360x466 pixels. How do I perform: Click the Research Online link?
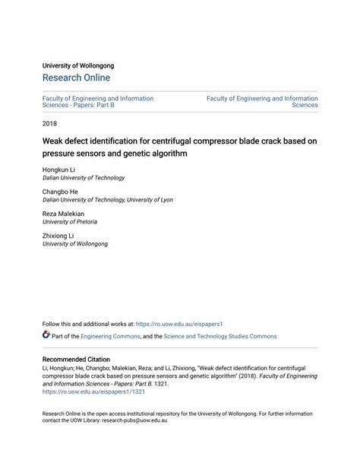(76, 78)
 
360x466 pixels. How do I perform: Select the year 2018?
(50, 122)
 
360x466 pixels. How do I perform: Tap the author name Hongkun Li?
(59, 170)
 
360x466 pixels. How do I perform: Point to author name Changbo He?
(61, 192)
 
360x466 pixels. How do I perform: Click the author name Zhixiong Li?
(58, 236)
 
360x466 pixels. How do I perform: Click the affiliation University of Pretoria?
(69, 223)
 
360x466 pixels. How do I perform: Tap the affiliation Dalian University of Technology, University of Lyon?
(107, 200)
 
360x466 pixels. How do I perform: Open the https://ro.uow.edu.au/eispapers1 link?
(178, 323)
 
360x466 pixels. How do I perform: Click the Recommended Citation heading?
(76, 359)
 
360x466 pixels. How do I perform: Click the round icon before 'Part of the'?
(46, 335)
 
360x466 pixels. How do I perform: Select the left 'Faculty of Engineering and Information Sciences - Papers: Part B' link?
(98, 102)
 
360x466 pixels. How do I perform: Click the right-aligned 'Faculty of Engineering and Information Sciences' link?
(262, 102)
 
